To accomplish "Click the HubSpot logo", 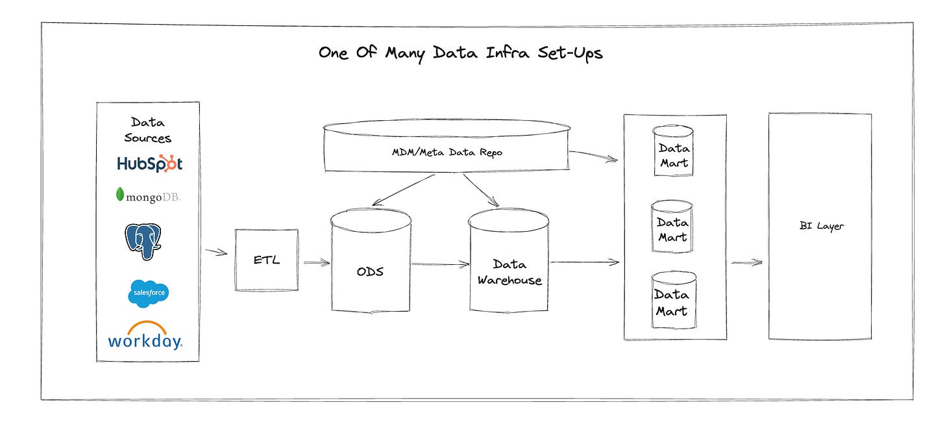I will tap(150, 164).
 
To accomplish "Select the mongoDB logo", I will tap(148, 194).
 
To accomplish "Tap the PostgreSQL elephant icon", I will tap(143, 242).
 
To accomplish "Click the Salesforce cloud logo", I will tap(149, 293).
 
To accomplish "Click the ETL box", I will tap(266, 260).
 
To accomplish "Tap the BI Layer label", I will tap(821, 227).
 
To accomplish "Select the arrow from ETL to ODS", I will tap(316, 262).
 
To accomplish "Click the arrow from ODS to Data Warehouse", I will tap(439, 264).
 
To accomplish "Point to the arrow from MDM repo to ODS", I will tap(406, 188).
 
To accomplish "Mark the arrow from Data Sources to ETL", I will tap(216, 252).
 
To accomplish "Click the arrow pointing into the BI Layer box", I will tap(746, 263).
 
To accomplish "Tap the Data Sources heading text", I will tap(148, 130).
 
